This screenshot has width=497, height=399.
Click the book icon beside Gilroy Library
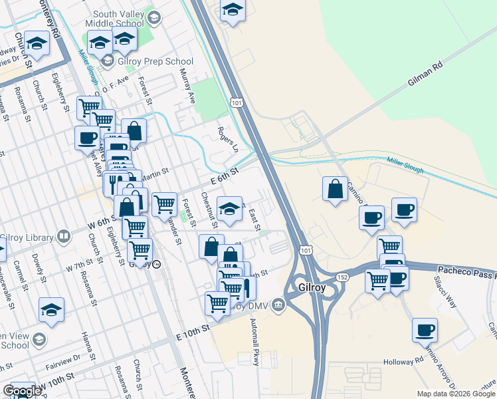(x=64, y=236)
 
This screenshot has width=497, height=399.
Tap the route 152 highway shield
(x=343, y=276)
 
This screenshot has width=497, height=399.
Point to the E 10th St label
(x=193, y=327)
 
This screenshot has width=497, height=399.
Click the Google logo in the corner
(x=21, y=391)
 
